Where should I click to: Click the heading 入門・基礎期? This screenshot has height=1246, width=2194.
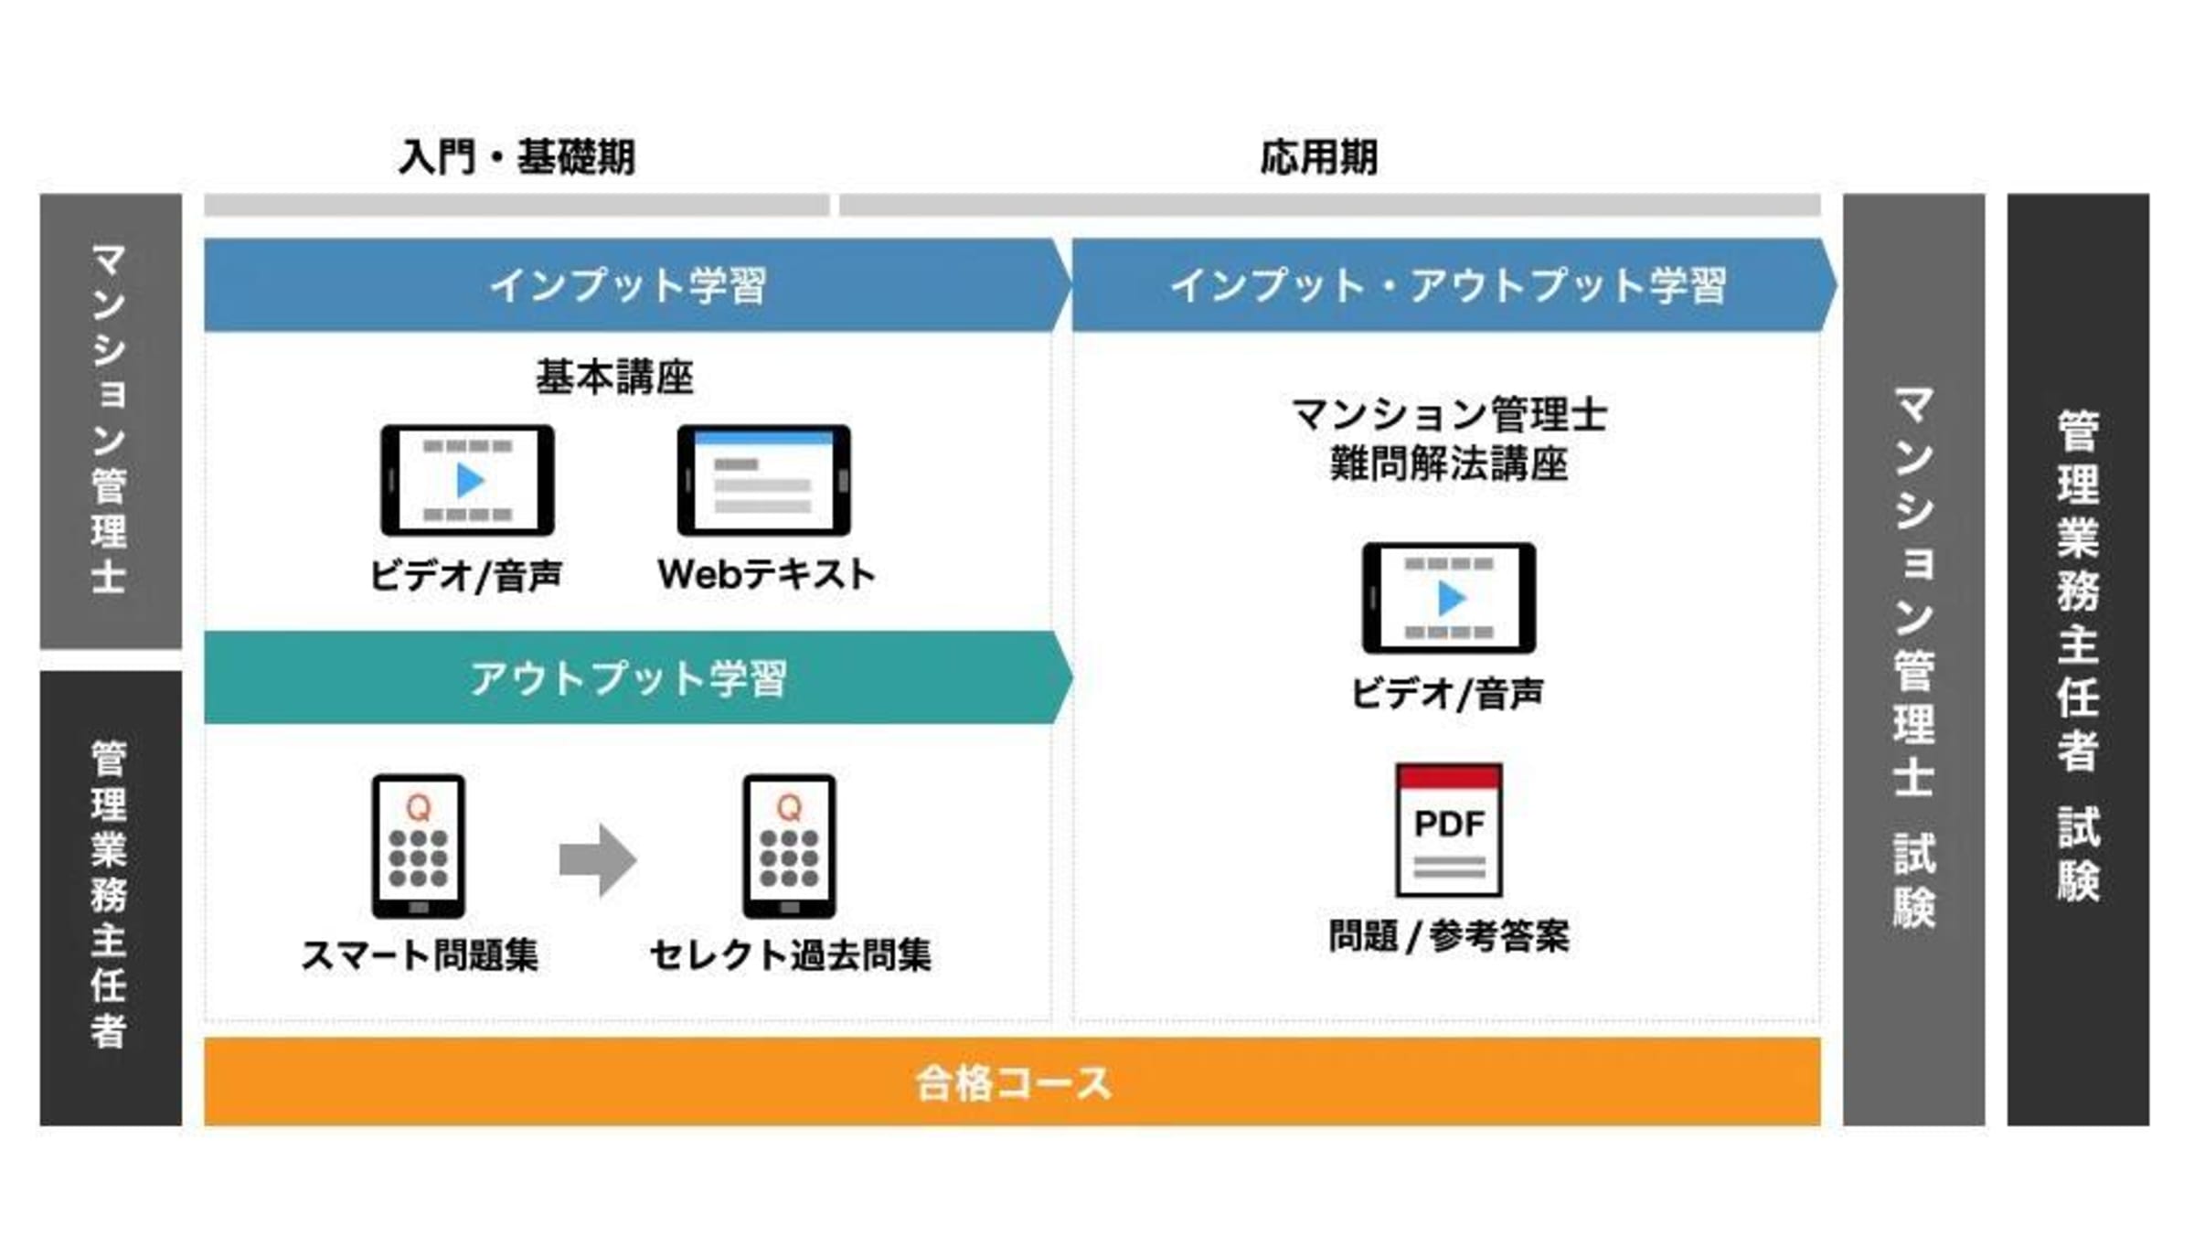(x=517, y=157)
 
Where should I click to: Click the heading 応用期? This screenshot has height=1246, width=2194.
(x=1318, y=157)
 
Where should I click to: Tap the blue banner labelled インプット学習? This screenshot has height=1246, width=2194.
(x=629, y=285)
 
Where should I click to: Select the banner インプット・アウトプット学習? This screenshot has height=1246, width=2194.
(x=1448, y=285)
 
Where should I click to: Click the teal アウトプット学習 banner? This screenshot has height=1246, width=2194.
(x=629, y=678)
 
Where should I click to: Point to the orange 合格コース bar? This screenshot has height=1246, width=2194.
(x=1012, y=1082)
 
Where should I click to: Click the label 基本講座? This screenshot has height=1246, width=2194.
(x=614, y=377)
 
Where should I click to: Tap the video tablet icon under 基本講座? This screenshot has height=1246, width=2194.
(x=467, y=480)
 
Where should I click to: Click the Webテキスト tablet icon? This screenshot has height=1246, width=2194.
(x=763, y=480)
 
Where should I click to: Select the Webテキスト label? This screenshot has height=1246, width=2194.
(x=766, y=575)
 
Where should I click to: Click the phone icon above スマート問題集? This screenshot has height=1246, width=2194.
(x=418, y=846)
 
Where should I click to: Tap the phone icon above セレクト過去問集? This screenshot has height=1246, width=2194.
(x=789, y=846)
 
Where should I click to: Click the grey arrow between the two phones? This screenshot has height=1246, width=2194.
(x=598, y=859)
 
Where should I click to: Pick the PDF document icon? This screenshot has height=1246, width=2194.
(x=1449, y=830)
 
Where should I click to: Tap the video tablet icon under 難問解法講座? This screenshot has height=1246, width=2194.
(x=1449, y=598)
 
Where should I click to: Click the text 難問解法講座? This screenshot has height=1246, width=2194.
(x=1449, y=463)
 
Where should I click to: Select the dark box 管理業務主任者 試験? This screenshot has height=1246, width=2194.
(x=2078, y=658)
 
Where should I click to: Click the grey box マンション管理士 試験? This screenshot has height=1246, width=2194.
(x=1913, y=658)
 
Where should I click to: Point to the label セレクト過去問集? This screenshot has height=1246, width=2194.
(x=790, y=955)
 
